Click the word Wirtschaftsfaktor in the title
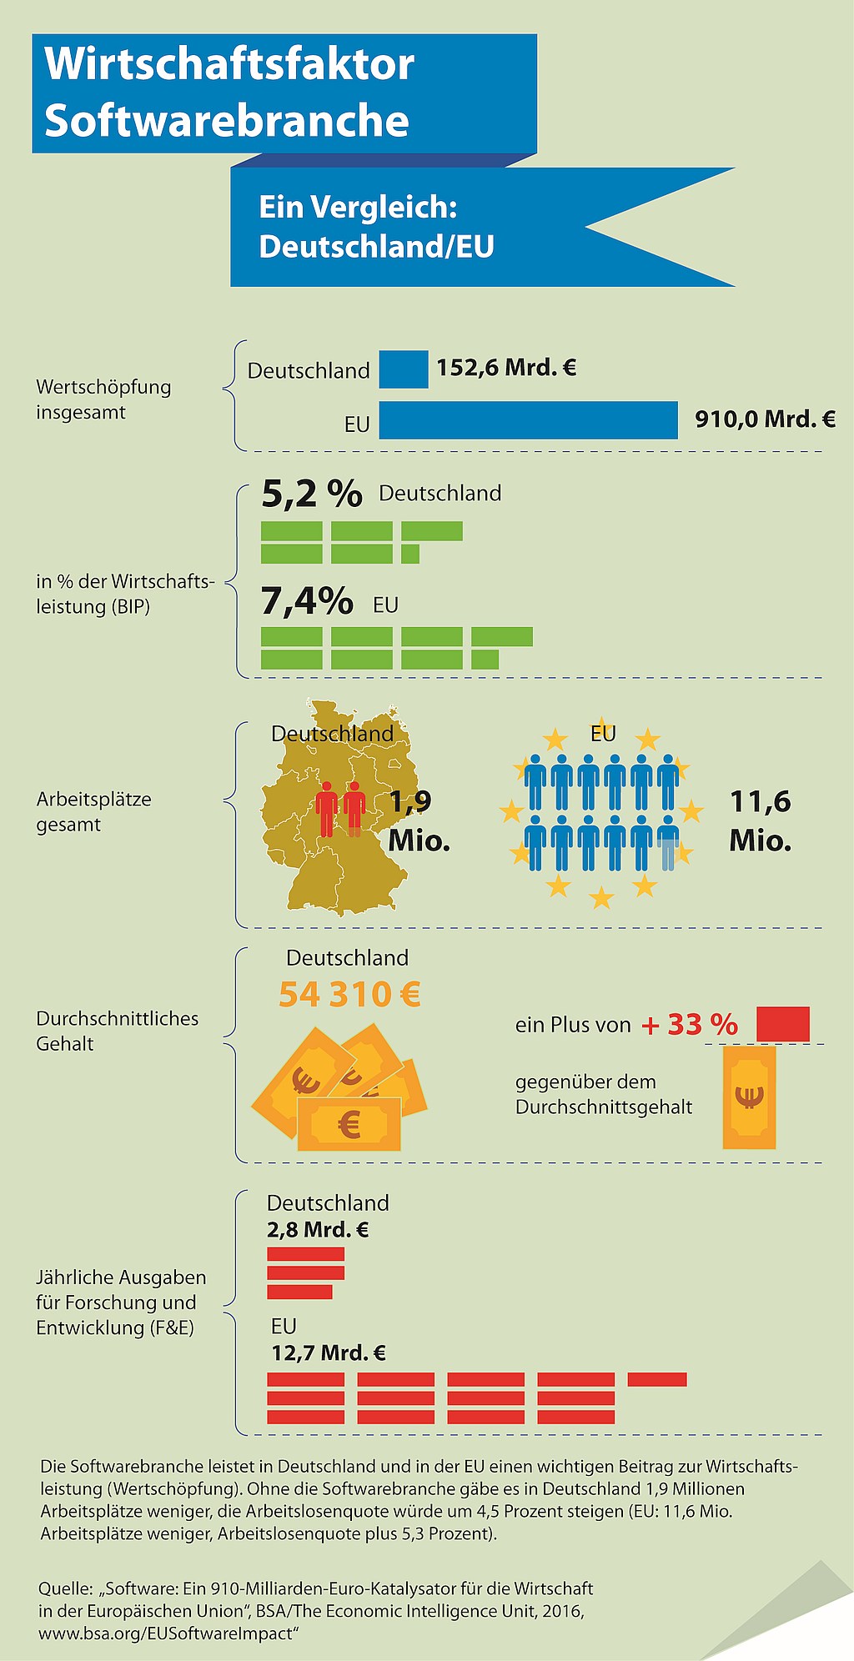click(229, 64)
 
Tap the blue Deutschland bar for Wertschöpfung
click(404, 369)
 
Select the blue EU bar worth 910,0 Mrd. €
click(529, 420)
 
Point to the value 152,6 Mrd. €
click(506, 368)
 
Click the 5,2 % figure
click(312, 494)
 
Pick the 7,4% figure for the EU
click(307, 601)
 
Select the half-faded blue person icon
click(668, 843)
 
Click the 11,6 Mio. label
click(761, 821)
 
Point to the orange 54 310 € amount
click(349, 994)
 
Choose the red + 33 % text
click(690, 1025)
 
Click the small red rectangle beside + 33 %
click(783, 1025)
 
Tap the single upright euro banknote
click(749, 1097)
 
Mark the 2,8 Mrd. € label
click(318, 1230)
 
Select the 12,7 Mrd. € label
click(329, 1352)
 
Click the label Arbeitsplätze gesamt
click(93, 812)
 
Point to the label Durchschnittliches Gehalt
click(118, 1031)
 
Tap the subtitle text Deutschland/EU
click(377, 247)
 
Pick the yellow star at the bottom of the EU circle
click(601, 898)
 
